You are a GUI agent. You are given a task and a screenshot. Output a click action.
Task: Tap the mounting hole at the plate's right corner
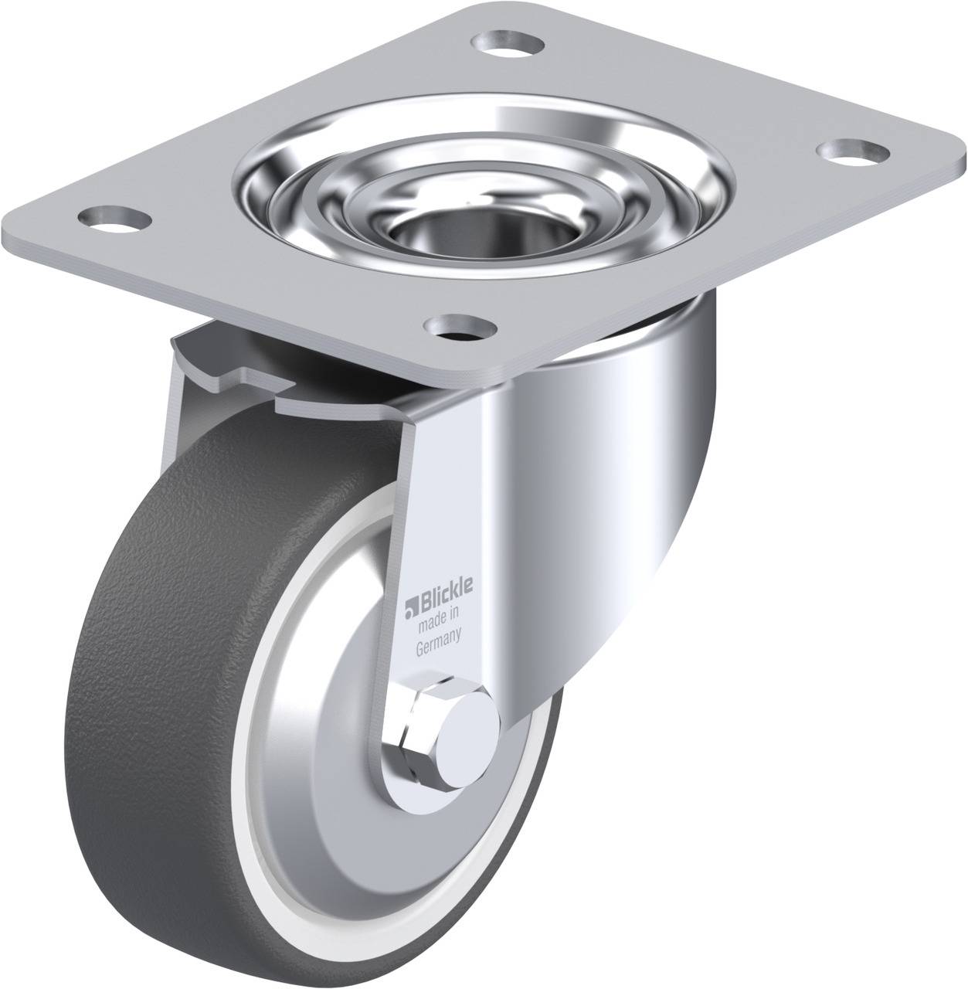[x=853, y=152]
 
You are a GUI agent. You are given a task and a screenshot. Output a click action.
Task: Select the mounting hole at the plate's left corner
[x=114, y=219]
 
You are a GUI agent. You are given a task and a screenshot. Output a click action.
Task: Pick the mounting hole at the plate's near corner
[x=463, y=328]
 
